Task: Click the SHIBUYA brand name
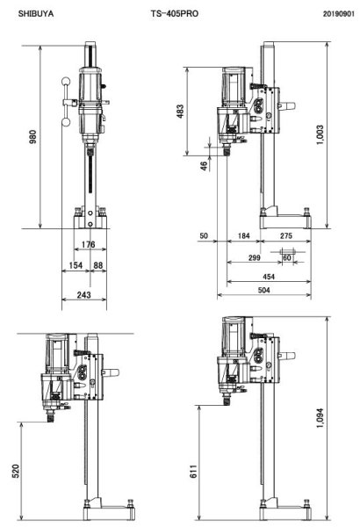[35, 15]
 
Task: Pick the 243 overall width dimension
[83, 295]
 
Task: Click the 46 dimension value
[204, 165]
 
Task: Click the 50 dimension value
[204, 236]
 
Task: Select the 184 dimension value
[243, 236]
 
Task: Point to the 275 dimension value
[286, 236]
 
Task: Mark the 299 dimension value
[255, 259]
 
